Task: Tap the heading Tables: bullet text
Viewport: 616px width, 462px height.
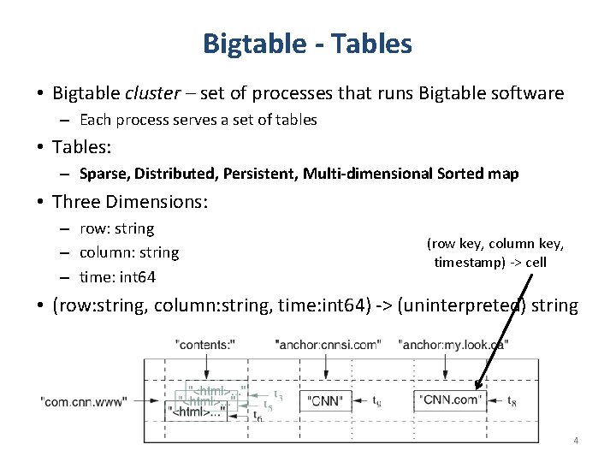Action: click(x=82, y=147)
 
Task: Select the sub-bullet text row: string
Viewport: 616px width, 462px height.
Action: click(x=117, y=229)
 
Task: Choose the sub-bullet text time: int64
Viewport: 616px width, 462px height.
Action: click(x=118, y=277)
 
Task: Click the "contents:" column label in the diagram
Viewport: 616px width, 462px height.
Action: click(x=204, y=345)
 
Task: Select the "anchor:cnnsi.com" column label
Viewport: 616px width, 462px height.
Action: click(x=329, y=345)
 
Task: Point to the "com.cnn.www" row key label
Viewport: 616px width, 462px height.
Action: click(x=83, y=400)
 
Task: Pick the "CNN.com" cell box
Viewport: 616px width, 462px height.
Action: click(x=451, y=400)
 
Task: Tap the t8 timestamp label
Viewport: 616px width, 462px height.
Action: click(x=512, y=400)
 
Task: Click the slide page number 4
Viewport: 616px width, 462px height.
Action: click(x=576, y=441)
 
